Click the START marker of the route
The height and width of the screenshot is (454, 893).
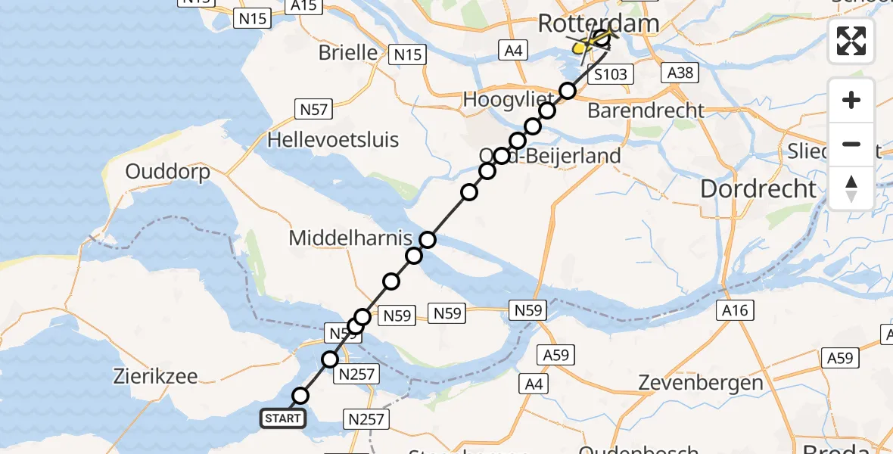pos(283,418)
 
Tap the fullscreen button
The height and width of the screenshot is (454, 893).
pos(851,41)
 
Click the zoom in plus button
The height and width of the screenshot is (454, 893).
pos(851,100)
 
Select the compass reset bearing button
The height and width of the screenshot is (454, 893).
pos(851,188)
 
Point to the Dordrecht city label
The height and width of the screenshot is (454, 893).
pos(758,188)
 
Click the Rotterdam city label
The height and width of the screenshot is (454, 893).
pos(598,23)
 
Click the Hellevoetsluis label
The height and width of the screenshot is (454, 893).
pos(332,140)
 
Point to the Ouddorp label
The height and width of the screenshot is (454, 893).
pos(167,172)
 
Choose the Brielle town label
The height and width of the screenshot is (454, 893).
pos(347,52)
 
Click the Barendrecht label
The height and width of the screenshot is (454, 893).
pos(646,110)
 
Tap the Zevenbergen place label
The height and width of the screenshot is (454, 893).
pos(701,382)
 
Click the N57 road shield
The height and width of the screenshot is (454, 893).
pos(313,110)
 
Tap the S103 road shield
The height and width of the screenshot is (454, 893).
pos(611,74)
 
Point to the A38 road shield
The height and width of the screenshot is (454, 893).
pos(679,73)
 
